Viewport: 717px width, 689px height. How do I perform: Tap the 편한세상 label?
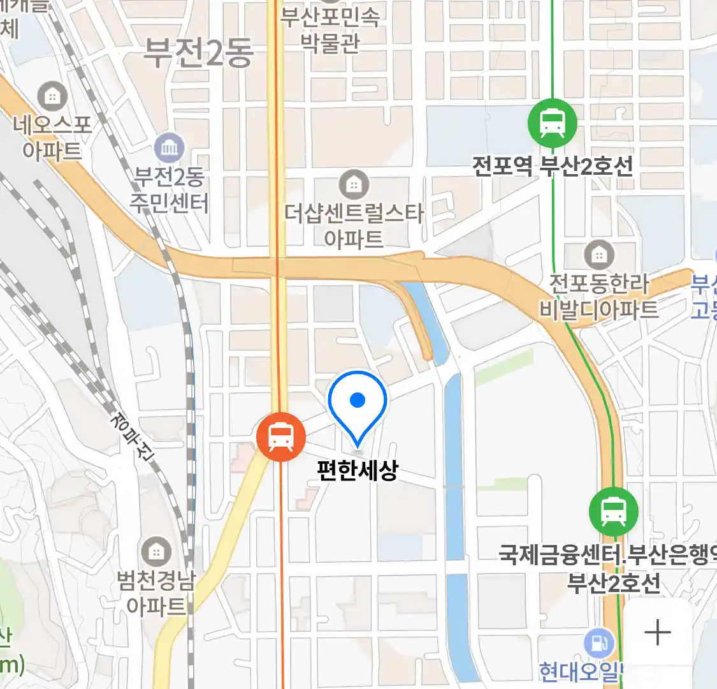pyautogui.click(x=358, y=470)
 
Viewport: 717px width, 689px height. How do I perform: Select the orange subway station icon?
pyautogui.click(x=280, y=437)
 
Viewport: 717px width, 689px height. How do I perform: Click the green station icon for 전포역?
pyautogui.click(x=552, y=123)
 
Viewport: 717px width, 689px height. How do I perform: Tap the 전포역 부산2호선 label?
pyautogui.click(x=552, y=166)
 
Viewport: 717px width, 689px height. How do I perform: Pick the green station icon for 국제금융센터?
pyautogui.click(x=613, y=512)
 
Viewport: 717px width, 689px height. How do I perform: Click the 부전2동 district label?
pyautogui.click(x=198, y=52)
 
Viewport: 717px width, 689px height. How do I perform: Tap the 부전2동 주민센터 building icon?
pyautogui.click(x=169, y=149)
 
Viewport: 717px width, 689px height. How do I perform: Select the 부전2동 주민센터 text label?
pyautogui.click(x=169, y=189)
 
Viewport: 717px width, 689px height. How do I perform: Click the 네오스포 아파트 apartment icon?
pyautogui.click(x=52, y=97)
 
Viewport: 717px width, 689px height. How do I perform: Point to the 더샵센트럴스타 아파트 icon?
pyautogui.click(x=353, y=185)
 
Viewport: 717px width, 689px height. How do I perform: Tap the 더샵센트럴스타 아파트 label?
pyautogui.click(x=354, y=225)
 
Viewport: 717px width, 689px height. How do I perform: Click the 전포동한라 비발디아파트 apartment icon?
pyautogui.click(x=598, y=256)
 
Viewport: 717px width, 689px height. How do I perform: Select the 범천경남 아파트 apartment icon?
pyautogui.click(x=156, y=552)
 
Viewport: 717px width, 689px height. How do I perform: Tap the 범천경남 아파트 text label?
pyautogui.click(x=156, y=593)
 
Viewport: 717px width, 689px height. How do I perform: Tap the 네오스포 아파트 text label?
pyautogui.click(x=52, y=137)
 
